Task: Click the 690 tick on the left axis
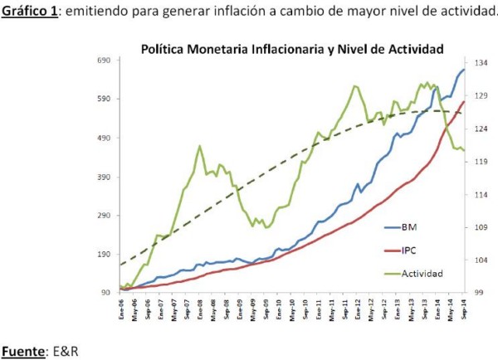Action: coord(103,61)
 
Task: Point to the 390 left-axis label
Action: coord(103,177)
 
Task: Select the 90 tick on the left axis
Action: coord(105,292)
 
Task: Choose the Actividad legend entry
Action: coord(422,272)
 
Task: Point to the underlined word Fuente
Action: coord(22,351)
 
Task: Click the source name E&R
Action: coord(64,351)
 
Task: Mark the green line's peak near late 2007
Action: coord(200,146)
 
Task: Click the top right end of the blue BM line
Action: coord(464,69)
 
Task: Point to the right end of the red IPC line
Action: coord(464,101)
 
